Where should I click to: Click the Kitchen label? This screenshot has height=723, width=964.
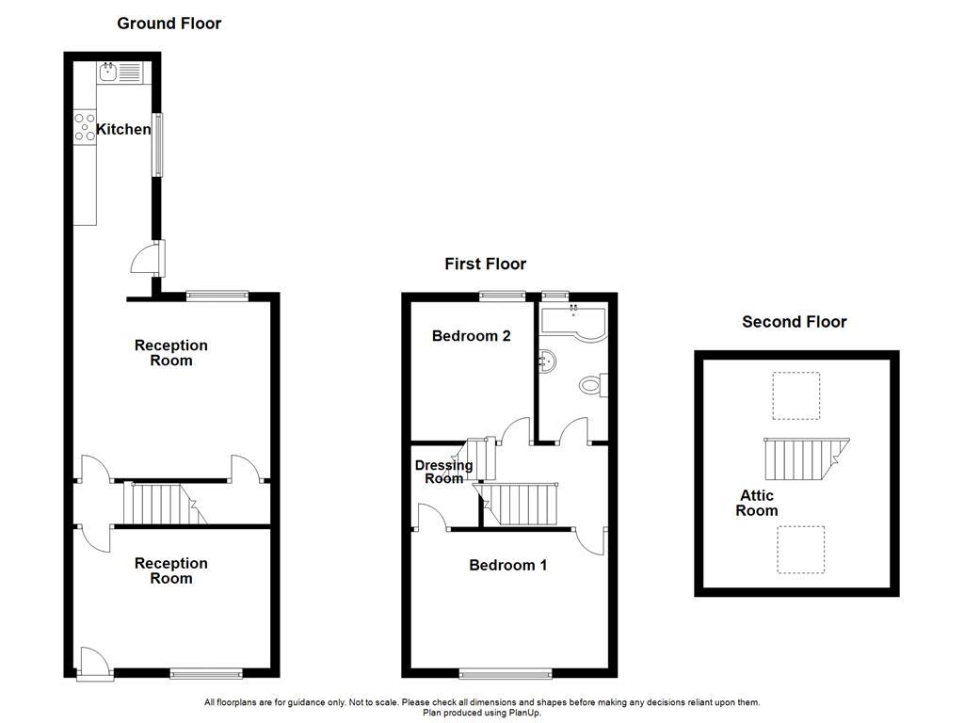(123, 129)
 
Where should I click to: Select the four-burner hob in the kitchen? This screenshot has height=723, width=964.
(85, 127)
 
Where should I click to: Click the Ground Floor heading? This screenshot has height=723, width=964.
(169, 24)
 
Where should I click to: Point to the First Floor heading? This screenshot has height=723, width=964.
(486, 264)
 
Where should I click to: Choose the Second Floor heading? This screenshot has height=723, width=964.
(795, 322)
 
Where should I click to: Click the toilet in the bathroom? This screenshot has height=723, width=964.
(593, 385)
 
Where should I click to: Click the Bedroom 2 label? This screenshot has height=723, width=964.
(472, 336)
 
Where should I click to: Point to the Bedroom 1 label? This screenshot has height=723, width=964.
(507, 565)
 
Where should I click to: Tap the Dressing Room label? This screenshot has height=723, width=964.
(444, 472)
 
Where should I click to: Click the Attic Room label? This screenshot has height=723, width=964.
(757, 503)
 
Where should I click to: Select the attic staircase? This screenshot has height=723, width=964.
(807, 458)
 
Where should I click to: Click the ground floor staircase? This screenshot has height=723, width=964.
(165, 503)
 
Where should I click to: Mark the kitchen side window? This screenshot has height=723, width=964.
(158, 145)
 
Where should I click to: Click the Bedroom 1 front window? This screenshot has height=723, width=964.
(506, 674)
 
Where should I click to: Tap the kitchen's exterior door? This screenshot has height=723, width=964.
(148, 258)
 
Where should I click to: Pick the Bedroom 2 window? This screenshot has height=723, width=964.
(503, 297)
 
